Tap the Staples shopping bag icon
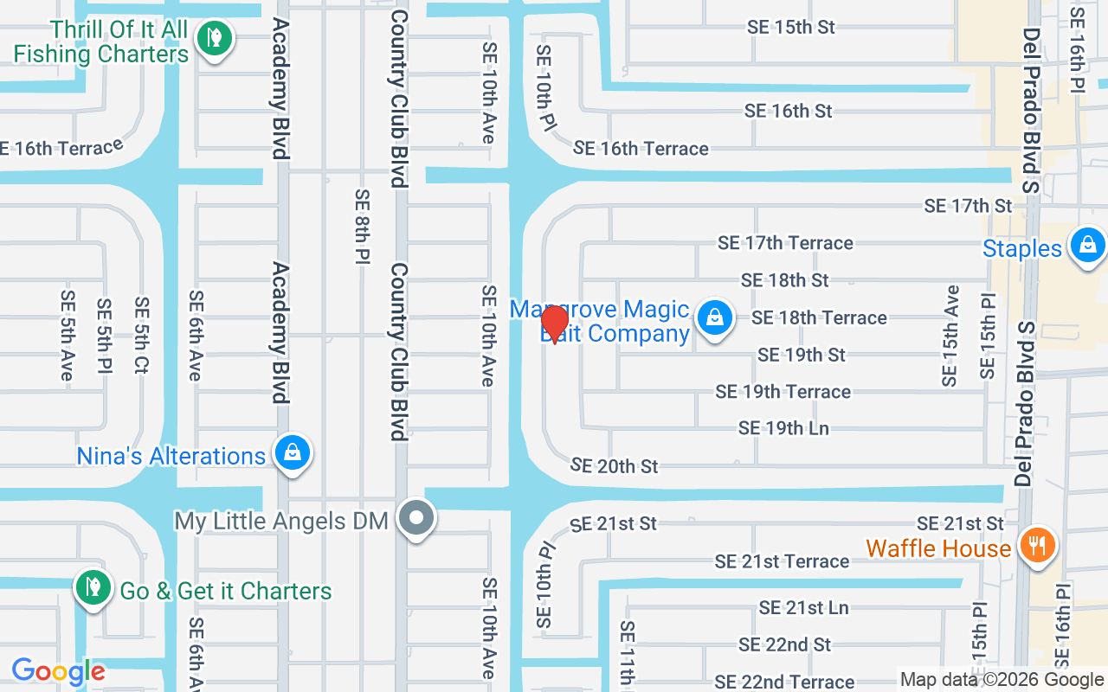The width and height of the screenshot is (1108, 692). click(x=1086, y=246)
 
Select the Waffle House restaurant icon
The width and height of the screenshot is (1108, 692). click(x=1036, y=546)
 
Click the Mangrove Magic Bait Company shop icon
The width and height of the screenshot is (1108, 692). click(x=715, y=317)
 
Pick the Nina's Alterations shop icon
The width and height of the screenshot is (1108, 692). click(x=293, y=452)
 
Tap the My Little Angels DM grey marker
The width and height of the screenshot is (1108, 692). click(x=417, y=518)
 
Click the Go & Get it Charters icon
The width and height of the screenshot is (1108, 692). click(x=91, y=586)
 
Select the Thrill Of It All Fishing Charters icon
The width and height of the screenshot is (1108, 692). click(x=212, y=37)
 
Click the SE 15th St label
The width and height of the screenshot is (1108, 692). click(x=791, y=27)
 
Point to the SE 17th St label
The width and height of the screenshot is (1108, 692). click(x=968, y=206)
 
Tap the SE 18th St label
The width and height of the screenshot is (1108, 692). click(x=785, y=280)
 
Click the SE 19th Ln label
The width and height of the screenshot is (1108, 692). click(x=783, y=428)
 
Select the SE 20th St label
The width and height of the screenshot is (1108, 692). click(x=615, y=466)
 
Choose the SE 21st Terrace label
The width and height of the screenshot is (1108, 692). click(x=782, y=561)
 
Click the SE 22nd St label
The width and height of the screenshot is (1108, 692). click(x=784, y=644)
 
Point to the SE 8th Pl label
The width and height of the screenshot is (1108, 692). click(x=363, y=227)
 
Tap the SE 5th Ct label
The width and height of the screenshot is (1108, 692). click(x=142, y=336)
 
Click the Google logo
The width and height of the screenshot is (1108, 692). click(x=59, y=671)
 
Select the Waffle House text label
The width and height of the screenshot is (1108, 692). click(x=938, y=548)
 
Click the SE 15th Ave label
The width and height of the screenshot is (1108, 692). click(x=950, y=336)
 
